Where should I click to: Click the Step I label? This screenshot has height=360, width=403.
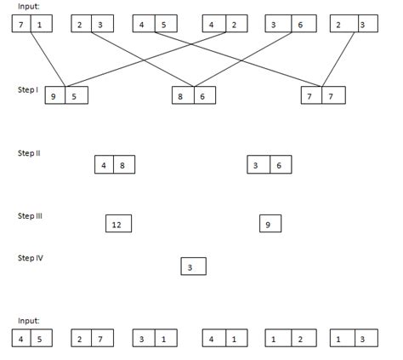(x=27, y=89)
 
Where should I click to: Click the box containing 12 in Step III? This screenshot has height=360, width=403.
(x=117, y=225)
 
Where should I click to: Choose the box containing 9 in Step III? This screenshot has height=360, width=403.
(x=269, y=225)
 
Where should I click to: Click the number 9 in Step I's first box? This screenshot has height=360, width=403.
(x=55, y=97)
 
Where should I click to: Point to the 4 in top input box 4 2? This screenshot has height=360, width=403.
(x=213, y=25)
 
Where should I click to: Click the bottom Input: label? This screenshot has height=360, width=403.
(x=29, y=321)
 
